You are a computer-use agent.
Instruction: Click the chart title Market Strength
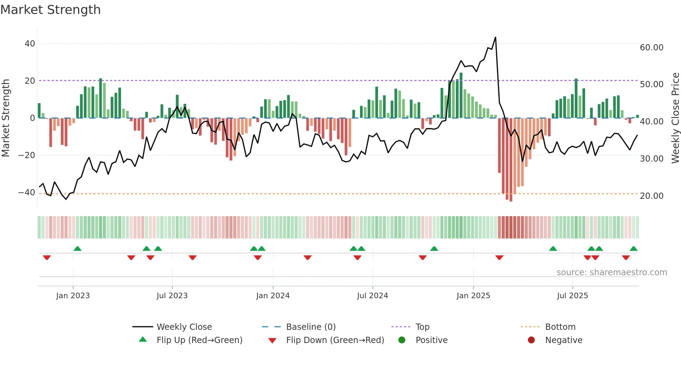(x=50, y=10)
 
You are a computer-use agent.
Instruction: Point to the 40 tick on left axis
(x=30, y=44)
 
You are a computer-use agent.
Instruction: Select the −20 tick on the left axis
(x=27, y=155)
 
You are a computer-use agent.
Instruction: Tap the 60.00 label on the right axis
(x=651, y=48)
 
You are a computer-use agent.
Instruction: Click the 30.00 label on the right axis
(x=651, y=159)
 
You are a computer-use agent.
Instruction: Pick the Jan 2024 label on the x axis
(x=273, y=296)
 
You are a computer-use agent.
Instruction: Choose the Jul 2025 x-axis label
(x=572, y=296)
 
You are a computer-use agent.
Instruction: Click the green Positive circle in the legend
(x=402, y=340)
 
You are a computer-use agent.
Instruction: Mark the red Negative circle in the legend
(x=531, y=340)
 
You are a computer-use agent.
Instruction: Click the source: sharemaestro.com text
(x=612, y=272)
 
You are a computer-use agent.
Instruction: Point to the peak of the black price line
(x=495, y=37)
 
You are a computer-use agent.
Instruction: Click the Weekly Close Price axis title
(x=675, y=118)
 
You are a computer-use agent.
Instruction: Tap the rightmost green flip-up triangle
(x=633, y=249)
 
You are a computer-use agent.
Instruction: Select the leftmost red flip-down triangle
(x=47, y=258)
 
